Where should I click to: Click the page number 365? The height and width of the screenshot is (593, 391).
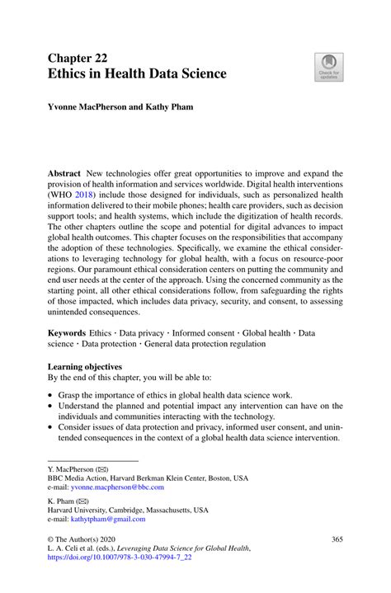[337, 539]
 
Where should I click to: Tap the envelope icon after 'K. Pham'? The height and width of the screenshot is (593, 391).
[84, 500]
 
